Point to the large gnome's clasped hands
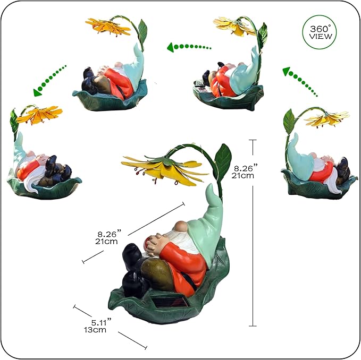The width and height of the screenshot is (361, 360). tap(155, 243)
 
